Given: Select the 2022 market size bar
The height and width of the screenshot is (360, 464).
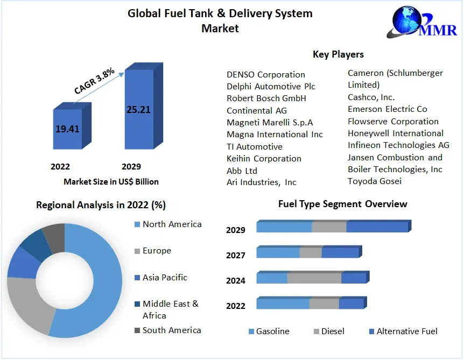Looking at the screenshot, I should point(68,129).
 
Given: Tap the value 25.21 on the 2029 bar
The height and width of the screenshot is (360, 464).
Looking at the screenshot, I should point(138,110).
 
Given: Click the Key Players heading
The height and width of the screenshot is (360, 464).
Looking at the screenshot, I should point(338,54).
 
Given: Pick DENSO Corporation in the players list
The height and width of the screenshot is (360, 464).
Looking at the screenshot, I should point(266,75).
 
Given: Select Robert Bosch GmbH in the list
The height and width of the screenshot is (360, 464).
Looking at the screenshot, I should point(266,98).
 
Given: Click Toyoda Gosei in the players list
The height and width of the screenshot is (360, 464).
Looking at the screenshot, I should point(375,181).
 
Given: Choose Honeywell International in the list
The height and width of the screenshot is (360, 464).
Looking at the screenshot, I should point(396,133).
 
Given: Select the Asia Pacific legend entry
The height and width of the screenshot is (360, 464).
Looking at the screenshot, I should point(165,278).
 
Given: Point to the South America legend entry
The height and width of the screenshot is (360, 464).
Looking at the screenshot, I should point(172,330).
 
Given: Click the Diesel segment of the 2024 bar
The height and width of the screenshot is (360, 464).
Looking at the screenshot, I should point(314,278).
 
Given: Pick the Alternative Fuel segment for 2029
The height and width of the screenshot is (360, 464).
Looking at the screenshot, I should point(377,227).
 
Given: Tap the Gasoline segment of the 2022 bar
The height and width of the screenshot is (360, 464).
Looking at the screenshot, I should point(283,304).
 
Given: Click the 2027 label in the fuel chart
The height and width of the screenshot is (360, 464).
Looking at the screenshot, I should point(236,256).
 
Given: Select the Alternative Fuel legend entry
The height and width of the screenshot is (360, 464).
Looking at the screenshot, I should point(406,331).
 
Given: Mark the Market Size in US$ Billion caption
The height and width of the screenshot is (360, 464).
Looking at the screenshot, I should point(111,182).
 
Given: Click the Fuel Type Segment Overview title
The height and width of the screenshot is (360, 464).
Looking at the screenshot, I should point(342,204).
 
